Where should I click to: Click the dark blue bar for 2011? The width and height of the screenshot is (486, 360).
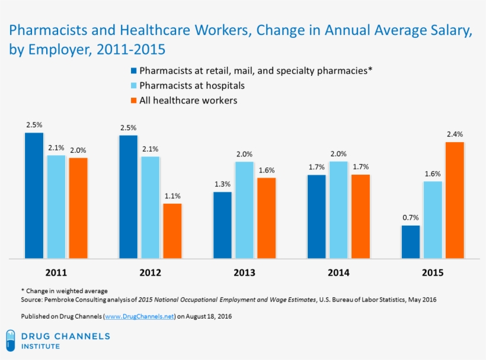click(x=34, y=195)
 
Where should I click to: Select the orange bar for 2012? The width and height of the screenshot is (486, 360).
click(x=172, y=231)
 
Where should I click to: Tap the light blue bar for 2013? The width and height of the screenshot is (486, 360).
click(x=244, y=210)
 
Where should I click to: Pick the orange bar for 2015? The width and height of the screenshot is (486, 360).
click(x=455, y=200)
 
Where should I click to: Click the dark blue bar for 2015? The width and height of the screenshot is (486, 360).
click(x=410, y=242)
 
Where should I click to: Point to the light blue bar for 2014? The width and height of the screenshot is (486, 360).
click(x=338, y=210)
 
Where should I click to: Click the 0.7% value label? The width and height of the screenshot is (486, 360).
click(x=410, y=217)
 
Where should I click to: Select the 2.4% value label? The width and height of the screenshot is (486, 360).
click(x=455, y=134)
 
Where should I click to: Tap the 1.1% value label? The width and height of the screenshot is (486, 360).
click(x=172, y=195)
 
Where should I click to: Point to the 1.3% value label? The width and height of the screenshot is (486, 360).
click(x=222, y=184)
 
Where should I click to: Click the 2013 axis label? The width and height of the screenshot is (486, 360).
click(x=244, y=273)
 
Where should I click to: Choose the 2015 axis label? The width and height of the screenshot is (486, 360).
click(x=432, y=273)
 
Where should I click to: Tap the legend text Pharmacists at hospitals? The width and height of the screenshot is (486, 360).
click(x=191, y=86)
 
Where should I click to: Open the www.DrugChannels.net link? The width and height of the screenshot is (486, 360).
click(x=140, y=317)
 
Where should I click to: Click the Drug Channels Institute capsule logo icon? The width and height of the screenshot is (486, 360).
click(x=10, y=340)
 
